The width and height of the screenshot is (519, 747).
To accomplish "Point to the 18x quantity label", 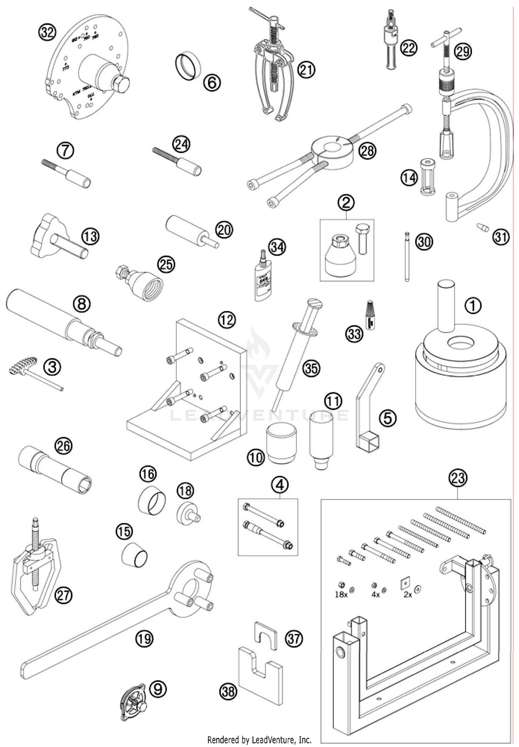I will pyautogui.click(x=341, y=595).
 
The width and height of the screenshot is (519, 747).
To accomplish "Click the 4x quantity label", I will pyautogui.click(x=375, y=595).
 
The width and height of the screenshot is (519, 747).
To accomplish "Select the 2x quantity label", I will pyautogui.click(x=408, y=595).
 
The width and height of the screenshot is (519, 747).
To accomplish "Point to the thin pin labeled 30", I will pyautogui.click(x=407, y=257).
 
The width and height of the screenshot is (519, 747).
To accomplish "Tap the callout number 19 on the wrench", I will pyautogui.click(x=144, y=638).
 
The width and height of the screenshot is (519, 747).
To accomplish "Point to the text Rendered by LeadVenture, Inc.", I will pyautogui.click(x=259, y=740).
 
